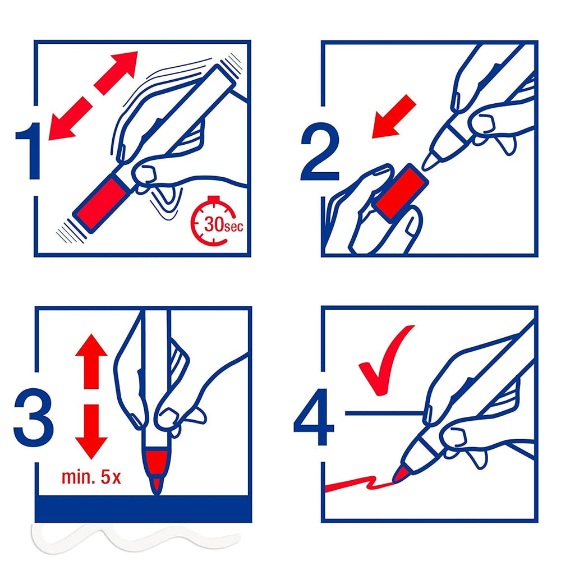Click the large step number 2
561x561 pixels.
pyautogui.click(x=320, y=151)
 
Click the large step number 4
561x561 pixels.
pyautogui.click(x=315, y=417)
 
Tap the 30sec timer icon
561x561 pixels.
pyautogui.click(x=214, y=222)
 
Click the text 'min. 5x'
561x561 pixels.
pyautogui.click(x=91, y=477)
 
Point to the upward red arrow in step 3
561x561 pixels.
pyautogui.click(x=91, y=361)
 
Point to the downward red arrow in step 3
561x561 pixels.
pyautogui.click(x=91, y=431)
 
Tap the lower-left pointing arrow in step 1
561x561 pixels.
pyautogui.click(x=70, y=118)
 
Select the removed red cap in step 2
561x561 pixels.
pyautogui.click(x=401, y=191)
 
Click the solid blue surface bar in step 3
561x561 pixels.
pyautogui.click(x=143, y=509)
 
